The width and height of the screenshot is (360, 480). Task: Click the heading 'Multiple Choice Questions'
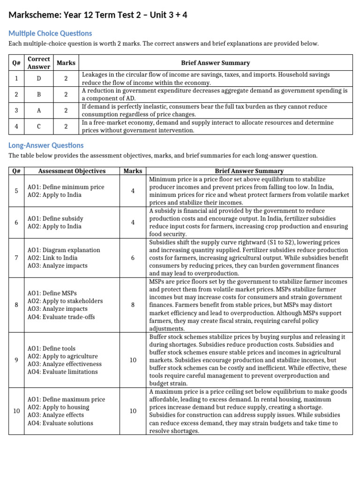(50, 33)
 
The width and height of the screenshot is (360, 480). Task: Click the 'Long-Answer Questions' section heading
(46, 145)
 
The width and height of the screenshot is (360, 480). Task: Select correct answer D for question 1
(38, 79)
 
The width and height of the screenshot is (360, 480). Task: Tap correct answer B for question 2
(38, 95)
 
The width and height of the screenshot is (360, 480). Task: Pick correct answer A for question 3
(38, 111)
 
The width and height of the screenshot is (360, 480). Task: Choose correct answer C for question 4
(38, 127)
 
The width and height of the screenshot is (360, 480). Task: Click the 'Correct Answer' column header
(38, 63)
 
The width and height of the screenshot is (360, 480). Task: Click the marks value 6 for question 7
(133, 258)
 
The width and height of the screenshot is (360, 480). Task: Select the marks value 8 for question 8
(133, 305)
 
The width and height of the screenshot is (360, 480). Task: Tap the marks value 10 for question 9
(133, 360)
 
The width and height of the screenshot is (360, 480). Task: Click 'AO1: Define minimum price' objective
(66, 187)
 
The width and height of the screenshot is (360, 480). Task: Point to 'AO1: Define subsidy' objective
(55, 218)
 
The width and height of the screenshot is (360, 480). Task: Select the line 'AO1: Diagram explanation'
(64, 250)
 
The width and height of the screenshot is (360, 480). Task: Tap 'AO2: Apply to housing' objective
(58, 407)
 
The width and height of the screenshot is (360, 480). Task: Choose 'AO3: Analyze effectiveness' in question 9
(64, 364)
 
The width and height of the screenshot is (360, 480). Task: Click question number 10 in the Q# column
(16, 411)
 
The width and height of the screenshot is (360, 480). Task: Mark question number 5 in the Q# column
(16, 191)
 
